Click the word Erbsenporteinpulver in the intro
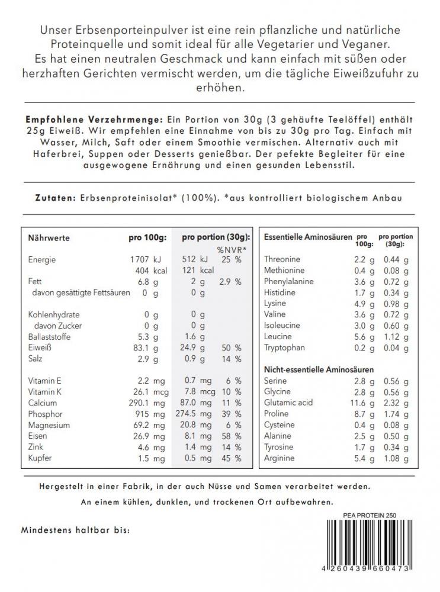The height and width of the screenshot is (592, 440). click(144, 30)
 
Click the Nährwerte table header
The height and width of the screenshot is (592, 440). click(49, 238)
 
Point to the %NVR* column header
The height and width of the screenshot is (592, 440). click(231, 249)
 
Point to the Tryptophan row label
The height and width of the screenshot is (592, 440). click(285, 348)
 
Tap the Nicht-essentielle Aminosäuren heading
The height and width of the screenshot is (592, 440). click(314, 369)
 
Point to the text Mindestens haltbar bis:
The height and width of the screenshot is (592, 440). click(75, 529)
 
